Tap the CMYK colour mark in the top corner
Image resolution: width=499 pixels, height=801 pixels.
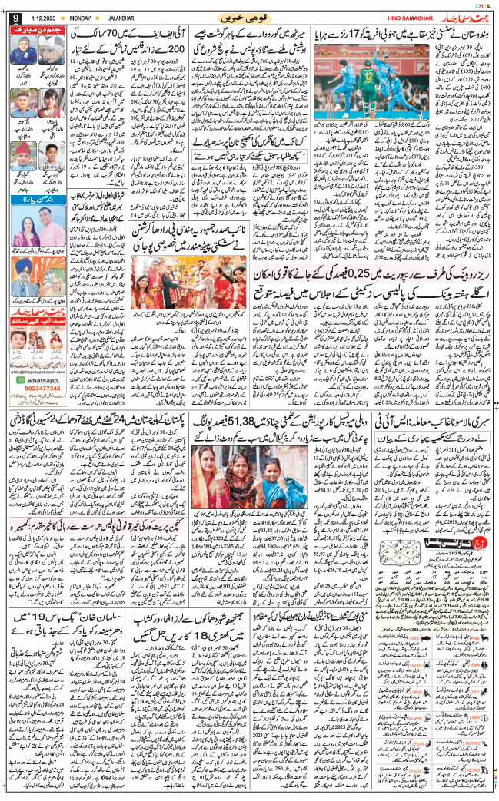(x=484, y=5)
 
